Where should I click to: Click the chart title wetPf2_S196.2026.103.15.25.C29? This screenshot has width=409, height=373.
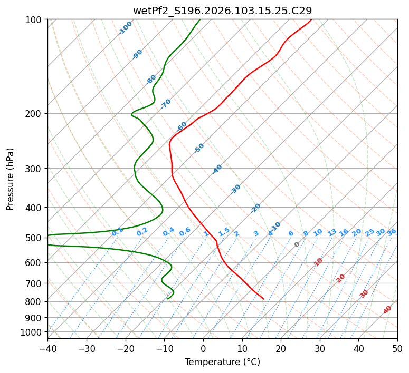pos(222,11)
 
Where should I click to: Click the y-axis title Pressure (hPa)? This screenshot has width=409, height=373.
pos(11,179)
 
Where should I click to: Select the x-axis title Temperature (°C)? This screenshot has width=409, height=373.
pos(222,362)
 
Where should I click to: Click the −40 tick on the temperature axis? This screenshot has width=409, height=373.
pos(47,349)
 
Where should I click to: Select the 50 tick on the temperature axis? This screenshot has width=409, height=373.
pos(397,349)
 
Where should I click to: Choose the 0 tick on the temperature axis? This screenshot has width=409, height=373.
pos(203,349)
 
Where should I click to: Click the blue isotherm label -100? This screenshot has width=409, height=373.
pos(125,28)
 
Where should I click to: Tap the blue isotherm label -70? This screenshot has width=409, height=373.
pos(166,104)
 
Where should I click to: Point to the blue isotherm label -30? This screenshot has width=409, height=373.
pos(235,189)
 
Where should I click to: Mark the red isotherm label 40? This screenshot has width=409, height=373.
pos(387,310)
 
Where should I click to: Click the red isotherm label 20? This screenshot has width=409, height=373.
pos(340,278)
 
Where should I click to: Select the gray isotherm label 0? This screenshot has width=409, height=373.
pos(297,244)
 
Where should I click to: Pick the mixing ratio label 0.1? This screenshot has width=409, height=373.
pos(118,231)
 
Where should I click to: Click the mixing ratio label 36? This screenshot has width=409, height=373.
pos(392,232)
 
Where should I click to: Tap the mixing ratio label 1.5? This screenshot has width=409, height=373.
pos(224,231)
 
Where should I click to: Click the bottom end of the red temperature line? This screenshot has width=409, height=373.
pos(263,299)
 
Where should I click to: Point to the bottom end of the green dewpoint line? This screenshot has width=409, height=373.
pos(167,299)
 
